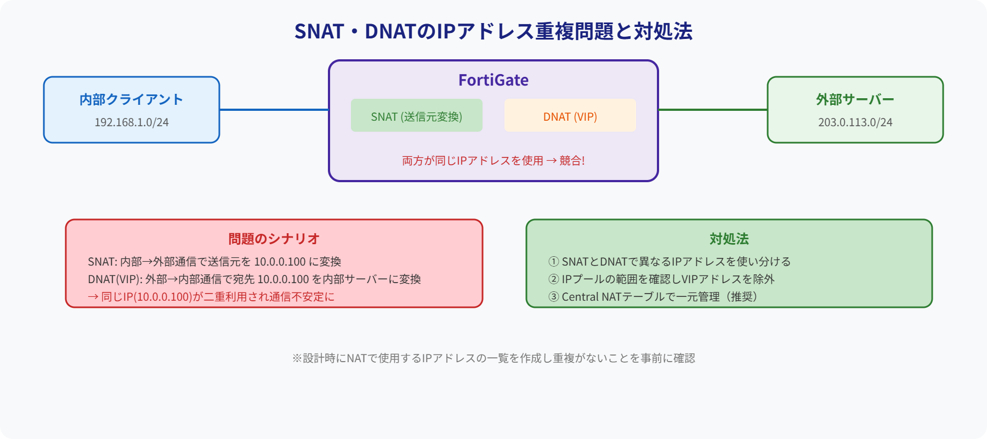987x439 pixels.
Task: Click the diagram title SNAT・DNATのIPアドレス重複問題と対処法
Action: (x=493, y=31)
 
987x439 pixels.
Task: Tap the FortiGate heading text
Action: (x=493, y=80)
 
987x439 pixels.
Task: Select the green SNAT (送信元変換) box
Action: (x=417, y=116)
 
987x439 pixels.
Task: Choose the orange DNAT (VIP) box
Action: (x=570, y=116)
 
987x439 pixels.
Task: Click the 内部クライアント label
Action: (x=132, y=99)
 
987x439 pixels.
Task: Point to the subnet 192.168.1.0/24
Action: (x=132, y=122)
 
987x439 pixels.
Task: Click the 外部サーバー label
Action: (x=855, y=99)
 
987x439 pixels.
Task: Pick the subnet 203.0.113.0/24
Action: (x=855, y=122)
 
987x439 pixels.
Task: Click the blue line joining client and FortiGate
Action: (x=274, y=110)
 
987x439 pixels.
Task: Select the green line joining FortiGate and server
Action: (x=713, y=110)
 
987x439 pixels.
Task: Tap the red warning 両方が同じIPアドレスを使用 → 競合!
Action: (x=493, y=161)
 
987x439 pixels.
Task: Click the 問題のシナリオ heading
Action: (x=274, y=239)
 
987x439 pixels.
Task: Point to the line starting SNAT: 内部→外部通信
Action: (x=214, y=262)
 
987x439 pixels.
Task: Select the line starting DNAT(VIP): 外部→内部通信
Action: (x=254, y=279)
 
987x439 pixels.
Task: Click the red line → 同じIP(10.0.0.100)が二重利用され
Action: (x=211, y=297)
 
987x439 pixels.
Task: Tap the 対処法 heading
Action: (x=729, y=239)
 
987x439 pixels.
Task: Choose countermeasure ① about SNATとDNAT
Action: (x=669, y=262)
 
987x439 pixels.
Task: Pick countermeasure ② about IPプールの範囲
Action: (x=661, y=279)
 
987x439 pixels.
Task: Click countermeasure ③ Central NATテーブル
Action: (x=653, y=297)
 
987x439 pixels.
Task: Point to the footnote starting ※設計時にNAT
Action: (x=493, y=358)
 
